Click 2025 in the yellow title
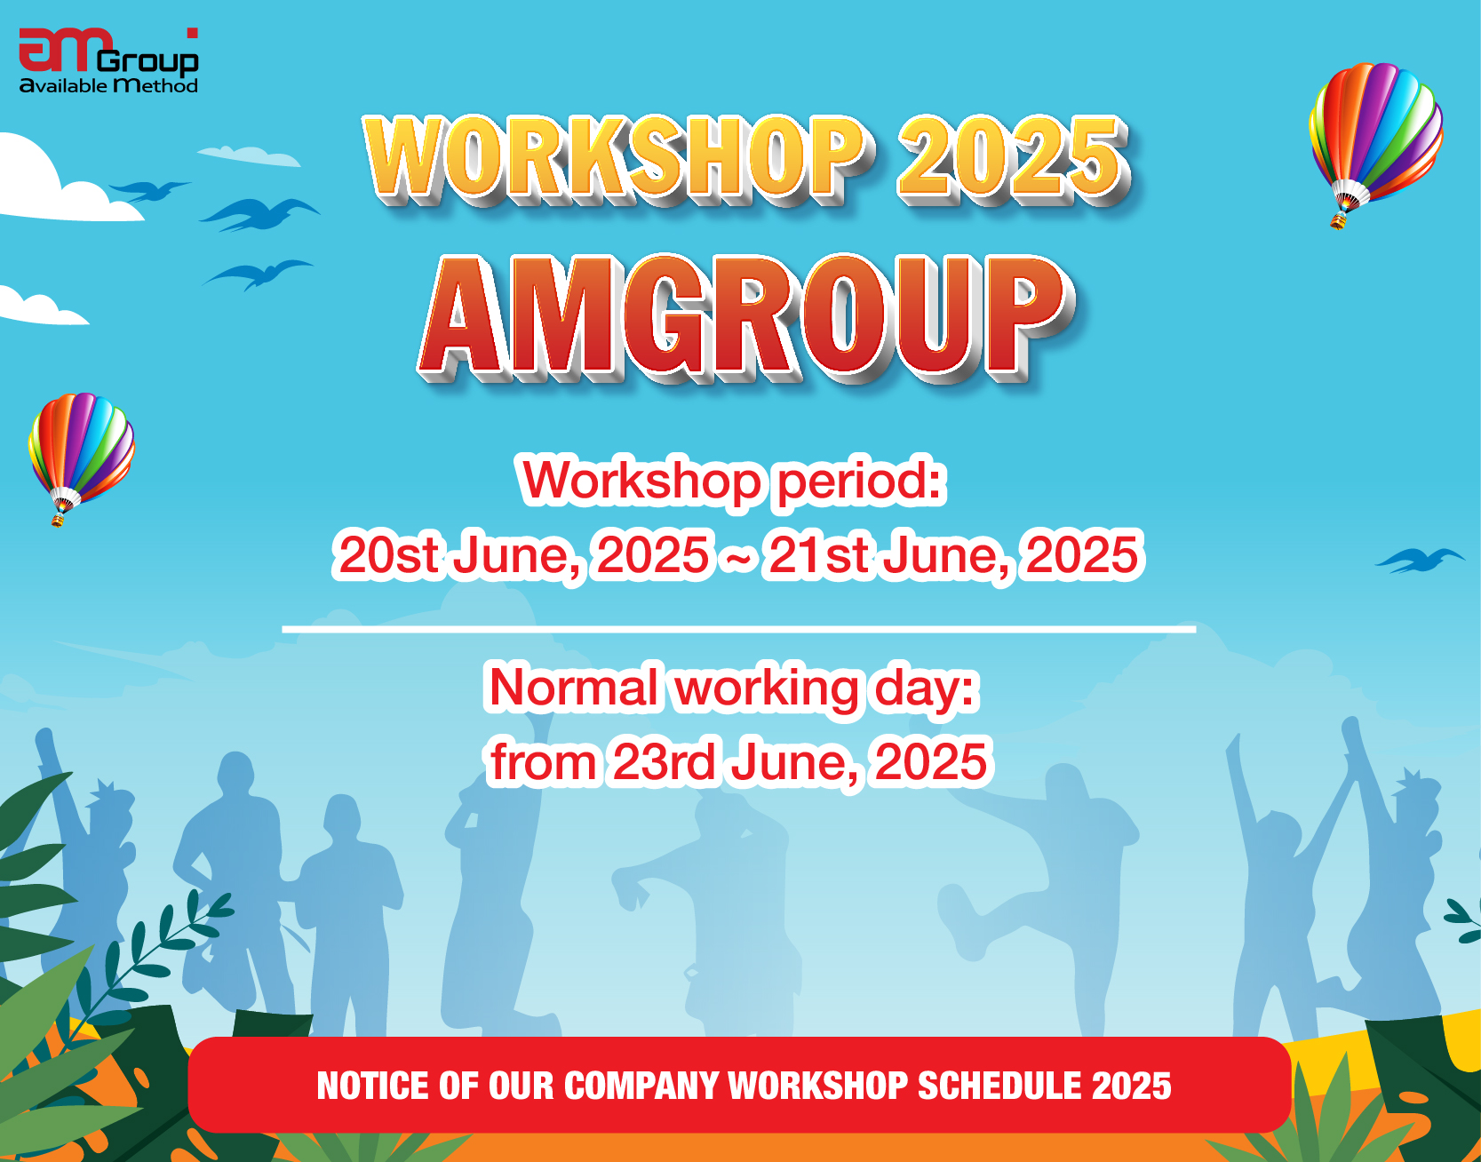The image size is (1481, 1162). pyautogui.click(x=1011, y=158)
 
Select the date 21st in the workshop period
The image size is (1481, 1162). pyautogui.click(x=817, y=555)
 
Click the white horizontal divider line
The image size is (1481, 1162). pyautogui.click(x=738, y=629)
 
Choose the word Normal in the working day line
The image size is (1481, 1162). pyautogui.click(x=574, y=688)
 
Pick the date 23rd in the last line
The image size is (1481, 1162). pyautogui.click(x=665, y=762)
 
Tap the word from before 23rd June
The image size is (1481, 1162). pyautogui.click(x=544, y=762)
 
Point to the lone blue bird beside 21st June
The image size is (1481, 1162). pyautogui.click(x=1419, y=560)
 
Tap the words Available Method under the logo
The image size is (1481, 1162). pyautogui.click(x=108, y=86)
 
